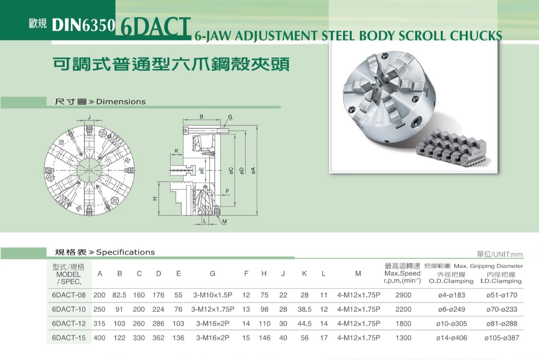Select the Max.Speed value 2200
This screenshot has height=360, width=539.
(x=403, y=309)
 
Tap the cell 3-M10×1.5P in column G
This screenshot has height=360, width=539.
(x=212, y=295)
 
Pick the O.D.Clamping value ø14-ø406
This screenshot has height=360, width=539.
(x=451, y=338)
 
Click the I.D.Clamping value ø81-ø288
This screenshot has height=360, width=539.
(x=501, y=323)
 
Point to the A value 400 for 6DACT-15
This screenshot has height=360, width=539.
(x=99, y=338)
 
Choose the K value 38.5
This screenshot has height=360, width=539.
(x=305, y=309)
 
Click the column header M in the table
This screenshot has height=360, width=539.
(x=358, y=274)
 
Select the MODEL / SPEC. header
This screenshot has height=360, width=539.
(x=68, y=274)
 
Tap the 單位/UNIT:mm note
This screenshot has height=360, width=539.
(x=499, y=255)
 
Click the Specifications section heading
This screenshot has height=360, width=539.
(x=105, y=252)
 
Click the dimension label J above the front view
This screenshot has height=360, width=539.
(x=89, y=117)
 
